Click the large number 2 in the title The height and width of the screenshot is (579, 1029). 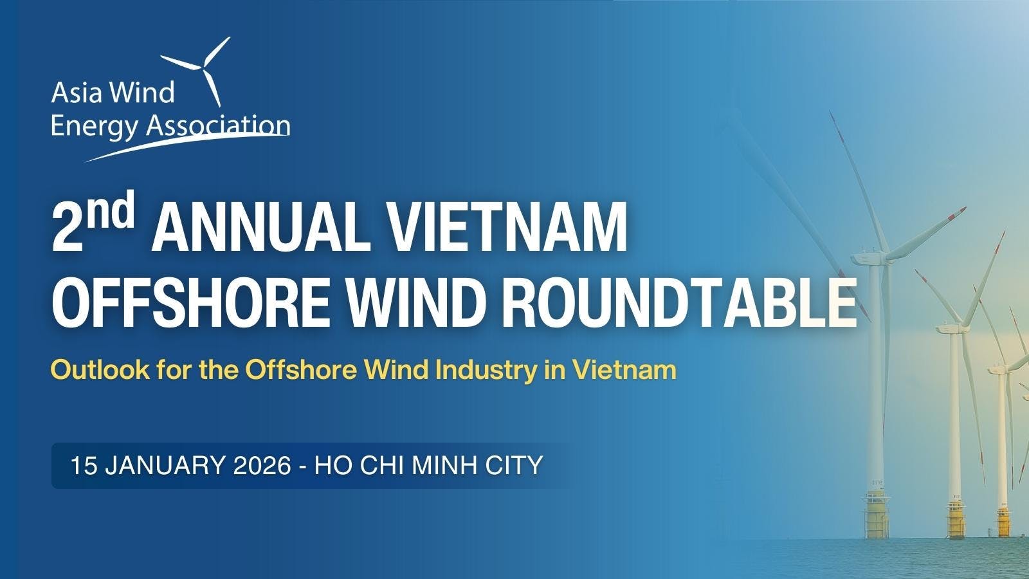click(69, 228)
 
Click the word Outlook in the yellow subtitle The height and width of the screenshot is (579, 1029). click(90, 371)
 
